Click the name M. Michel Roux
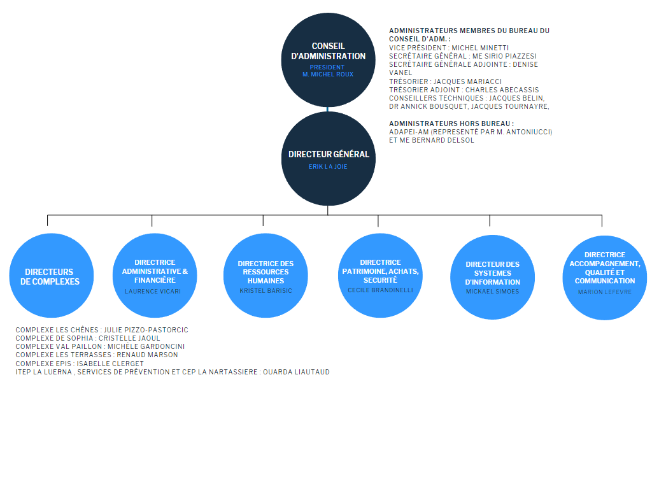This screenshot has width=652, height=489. [x=328, y=74]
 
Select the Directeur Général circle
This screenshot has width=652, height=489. [x=328, y=159]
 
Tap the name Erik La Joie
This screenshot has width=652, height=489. [x=328, y=167]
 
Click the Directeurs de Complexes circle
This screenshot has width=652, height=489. [x=52, y=275]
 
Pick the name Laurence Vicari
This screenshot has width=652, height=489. [x=153, y=292]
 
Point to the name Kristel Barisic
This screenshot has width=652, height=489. [x=266, y=291]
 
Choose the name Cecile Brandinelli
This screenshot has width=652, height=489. [x=381, y=290]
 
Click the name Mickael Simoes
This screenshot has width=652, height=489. [x=492, y=292]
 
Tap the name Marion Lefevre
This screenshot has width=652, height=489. [x=605, y=292]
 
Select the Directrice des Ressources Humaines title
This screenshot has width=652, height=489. [x=266, y=273]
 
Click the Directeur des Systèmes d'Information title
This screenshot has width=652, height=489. [x=492, y=273]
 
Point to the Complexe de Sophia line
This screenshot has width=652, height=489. [x=88, y=339]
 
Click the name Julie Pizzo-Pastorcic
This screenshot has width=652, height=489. [x=146, y=330]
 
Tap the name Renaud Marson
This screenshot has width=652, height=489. [x=147, y=355]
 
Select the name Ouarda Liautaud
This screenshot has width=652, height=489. [x=296, y=372]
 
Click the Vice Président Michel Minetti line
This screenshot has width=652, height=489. [x=449, y=48]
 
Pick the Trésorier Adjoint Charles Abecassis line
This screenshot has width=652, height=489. [x=464, y=90]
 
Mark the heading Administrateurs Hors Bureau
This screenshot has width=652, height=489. [x=451, y=124]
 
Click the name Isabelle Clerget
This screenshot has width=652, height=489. [x=110, y=364]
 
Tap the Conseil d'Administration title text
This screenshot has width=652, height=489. [x=328, y=51]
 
